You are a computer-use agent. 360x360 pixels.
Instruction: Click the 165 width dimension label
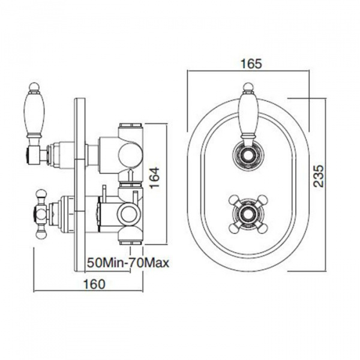pyautogui.click(x=251, y=64)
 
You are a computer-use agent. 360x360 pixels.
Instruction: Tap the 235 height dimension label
pyautogui.click(x=319, y=176)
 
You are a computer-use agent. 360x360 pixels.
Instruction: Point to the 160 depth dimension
pyautogui.click(x=94, y=284)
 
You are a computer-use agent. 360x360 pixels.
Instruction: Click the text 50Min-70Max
pyautogui.click(x=128, y=263)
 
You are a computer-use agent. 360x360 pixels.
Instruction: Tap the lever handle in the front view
pyautogui.click(x=248, y=114)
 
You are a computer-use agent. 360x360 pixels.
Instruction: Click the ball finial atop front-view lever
pyautogui.click(x=248, y=88)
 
